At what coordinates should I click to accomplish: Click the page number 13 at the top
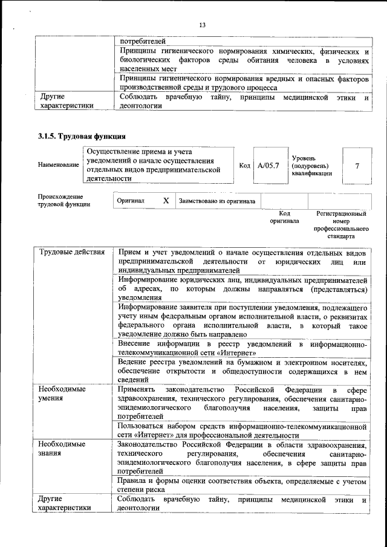pyautogui.click(x=202, y=24)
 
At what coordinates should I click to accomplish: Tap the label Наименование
pyautogui.click(x=58, y=164)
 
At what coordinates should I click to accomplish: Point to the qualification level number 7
pyautogui.click(x=357, y=164)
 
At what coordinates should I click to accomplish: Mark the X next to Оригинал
pyautogui.click(x=165, y=201)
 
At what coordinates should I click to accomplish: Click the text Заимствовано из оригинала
pyautogui.click(x=216, y=201)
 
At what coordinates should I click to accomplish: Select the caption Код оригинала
pyautogui.click(x=284, y=217)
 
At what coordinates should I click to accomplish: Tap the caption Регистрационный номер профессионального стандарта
pyautogui.click(x=341, y=225)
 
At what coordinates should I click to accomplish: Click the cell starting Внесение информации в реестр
pyautogui.click(x=242, y=348)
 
